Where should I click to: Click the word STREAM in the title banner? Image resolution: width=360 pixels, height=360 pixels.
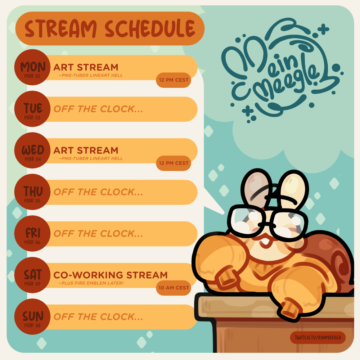(60, 29)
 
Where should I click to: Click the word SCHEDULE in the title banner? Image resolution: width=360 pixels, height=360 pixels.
(150, 29)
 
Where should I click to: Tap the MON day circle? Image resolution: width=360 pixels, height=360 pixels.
(32, 67)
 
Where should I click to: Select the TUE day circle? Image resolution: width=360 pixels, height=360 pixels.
(32, 109)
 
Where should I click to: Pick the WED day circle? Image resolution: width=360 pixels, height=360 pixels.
(32, 150)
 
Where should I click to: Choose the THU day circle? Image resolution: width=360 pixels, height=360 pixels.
(32, 192)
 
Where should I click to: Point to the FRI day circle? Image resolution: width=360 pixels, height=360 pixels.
(32, 234)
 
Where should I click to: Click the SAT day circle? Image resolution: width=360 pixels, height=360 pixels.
(32, 275)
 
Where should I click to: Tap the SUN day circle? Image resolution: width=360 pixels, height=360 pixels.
(32, 316)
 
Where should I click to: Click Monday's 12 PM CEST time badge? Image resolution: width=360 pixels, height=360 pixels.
(174, 80)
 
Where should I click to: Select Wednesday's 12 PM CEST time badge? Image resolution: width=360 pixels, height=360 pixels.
(174, 163)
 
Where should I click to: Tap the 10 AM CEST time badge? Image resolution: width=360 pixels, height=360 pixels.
(174, 288)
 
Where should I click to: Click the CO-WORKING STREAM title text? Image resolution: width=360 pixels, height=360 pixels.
(111, 275)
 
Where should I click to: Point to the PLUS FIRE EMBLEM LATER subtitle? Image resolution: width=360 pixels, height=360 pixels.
(91, 283)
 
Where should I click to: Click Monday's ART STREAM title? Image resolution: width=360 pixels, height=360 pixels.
(86, 68)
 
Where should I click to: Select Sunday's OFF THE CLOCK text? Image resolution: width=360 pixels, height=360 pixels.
(98, 317)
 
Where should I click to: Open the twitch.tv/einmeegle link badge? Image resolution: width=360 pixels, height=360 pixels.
(318, 338)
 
